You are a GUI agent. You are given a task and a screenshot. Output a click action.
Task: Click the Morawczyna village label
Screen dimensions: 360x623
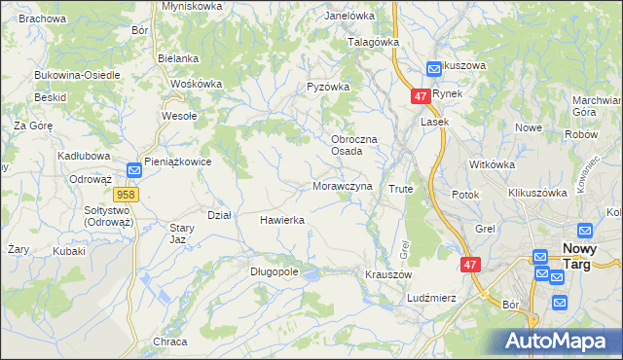342,186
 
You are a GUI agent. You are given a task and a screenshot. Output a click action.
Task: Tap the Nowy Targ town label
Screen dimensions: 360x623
587,256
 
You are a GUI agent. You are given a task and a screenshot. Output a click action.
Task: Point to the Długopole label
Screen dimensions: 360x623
274,272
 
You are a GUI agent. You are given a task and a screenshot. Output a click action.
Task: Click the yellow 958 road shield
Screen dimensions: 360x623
131,195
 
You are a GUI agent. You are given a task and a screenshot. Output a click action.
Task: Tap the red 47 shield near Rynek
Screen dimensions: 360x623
420,97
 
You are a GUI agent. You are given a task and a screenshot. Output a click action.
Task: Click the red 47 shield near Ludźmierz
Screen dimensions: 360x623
470,265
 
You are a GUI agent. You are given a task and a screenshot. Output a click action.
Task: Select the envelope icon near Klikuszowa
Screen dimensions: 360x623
434,69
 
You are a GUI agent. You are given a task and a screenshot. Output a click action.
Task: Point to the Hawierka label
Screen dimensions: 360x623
282,221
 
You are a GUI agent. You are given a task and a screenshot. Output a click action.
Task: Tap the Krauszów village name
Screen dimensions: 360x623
386,275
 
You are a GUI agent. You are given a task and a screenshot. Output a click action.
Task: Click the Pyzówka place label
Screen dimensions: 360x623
328,87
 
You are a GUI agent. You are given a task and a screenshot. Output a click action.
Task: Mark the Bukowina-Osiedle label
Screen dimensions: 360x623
77,75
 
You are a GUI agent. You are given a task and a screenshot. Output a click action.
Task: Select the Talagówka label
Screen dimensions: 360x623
375,43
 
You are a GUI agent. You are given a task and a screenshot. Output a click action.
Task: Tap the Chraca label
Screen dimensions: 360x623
169,342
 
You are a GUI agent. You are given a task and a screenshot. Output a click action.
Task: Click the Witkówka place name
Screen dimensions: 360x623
491,164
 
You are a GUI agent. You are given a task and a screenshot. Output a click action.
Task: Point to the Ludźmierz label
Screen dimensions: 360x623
432,298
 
